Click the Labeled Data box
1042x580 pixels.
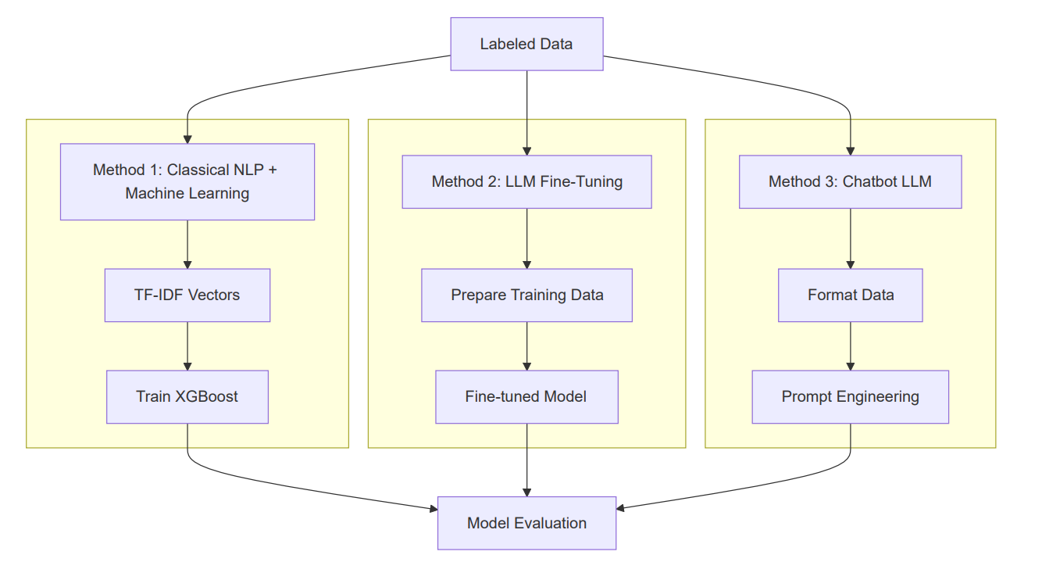pyautogui.click(x=526, y=45)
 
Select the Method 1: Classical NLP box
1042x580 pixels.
pyautogui.click(x=187, y=181)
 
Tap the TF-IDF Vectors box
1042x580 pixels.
pyautogui.click(x=187, y=295)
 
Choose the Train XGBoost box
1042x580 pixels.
pyautogui.click(x=187, y=397)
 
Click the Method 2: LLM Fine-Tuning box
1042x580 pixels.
pyautogui.click(x=526, y=182)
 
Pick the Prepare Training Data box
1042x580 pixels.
pyautogui.click(x=526, y=295)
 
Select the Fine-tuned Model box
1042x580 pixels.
pyautogui.click(x=526, y=397)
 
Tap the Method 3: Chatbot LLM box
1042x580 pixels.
pyautogui.click(x=850, y=182)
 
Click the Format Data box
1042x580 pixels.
pyautogui.click(x=850, y=295)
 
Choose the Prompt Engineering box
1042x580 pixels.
pyautogui.click(x=850, y=397)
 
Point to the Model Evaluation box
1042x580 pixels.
pyautogui.click(x=526, y=523)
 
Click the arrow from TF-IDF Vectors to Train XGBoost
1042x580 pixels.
pyautogui.click(x=187, y=345)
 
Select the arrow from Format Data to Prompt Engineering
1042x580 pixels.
pyautogui.click(x=850, y=345)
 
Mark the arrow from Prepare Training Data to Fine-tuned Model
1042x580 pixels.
pyautogui.click(x=526, y=345)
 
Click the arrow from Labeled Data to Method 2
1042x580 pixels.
pyautogui.click(x=526, y=113)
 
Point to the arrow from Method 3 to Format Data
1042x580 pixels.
pyautogui.click(x=850, y=238)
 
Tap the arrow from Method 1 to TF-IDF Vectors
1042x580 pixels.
pyautogui.click(x=187, y=244)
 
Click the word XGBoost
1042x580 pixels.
pyautogui.click(x=207, y=397)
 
